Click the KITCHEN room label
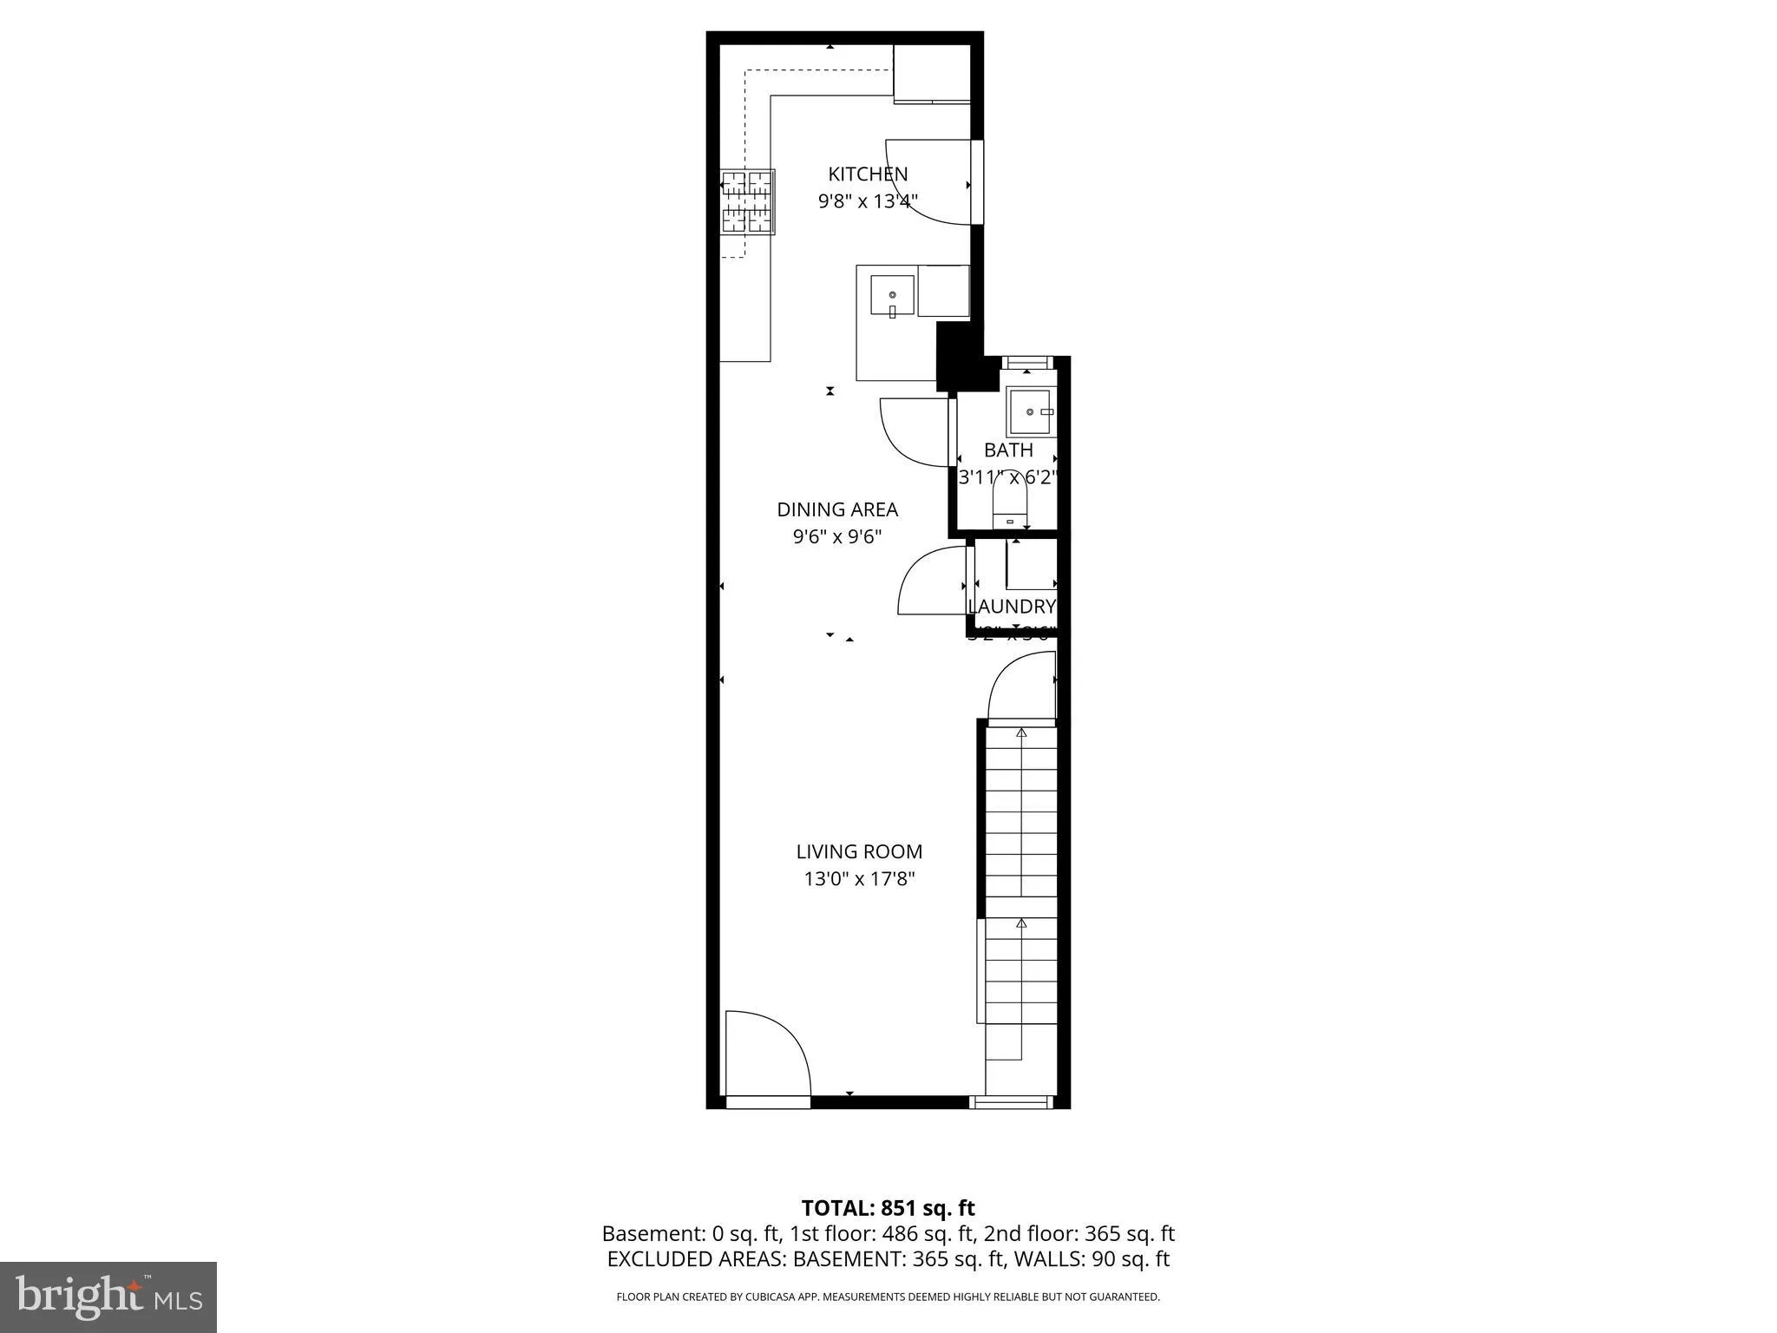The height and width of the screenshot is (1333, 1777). [x=868, y=174]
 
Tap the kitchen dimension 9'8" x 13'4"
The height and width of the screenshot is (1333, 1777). [x=868, y=201]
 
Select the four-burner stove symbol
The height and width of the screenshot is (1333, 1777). [x=747, y=202]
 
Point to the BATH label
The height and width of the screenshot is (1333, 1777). [x=1008, y=450]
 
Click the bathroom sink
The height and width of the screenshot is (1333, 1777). [x=1029, y=413]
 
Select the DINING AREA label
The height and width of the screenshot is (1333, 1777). [x=837, y=509]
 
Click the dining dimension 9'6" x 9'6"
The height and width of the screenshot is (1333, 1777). [x=837, y=537]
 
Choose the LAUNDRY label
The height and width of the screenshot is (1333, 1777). [x=1012, y=607]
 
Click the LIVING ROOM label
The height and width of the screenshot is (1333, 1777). [x=859, y=851]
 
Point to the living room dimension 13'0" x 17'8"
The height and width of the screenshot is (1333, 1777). [x=859, y=879]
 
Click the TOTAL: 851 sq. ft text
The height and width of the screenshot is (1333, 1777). [x=888, y=1208]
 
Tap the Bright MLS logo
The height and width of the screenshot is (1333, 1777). [x=108, y=1297]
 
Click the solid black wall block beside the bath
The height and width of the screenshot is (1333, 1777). [x=960, y=356]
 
